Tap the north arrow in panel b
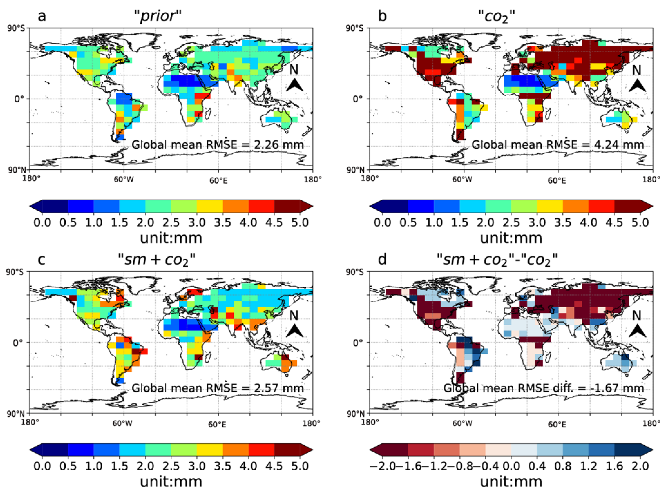click(637, 86)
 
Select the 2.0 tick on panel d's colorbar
click(640, 466)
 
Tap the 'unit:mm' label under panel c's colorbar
click(171, 482)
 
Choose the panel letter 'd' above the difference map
click(382, 260)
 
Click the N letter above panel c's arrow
click(294, 315)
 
